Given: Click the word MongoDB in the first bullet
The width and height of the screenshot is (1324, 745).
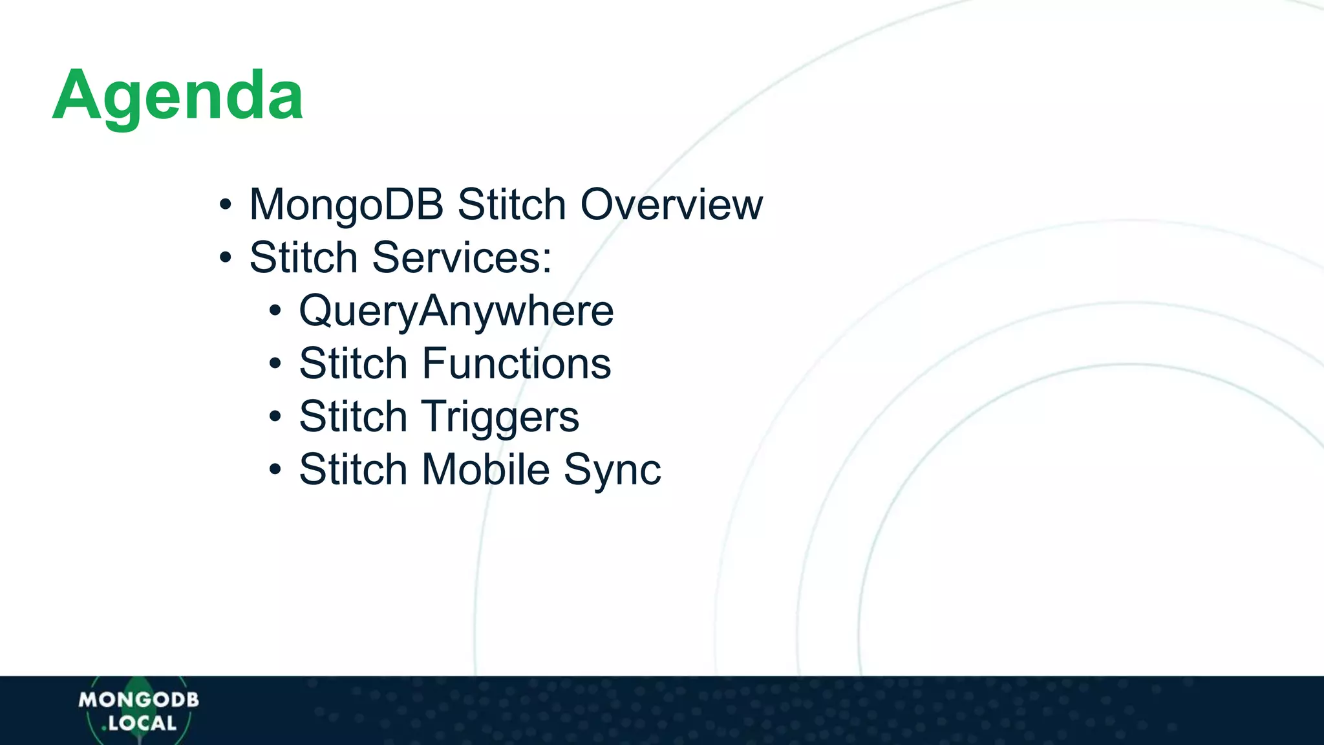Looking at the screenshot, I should [x=347, y=205].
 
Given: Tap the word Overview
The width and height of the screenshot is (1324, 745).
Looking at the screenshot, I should [x=672, y=205].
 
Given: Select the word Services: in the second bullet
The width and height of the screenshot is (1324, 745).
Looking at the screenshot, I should [x=462, y=258].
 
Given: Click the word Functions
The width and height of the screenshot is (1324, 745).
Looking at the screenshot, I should [x=516, y=363].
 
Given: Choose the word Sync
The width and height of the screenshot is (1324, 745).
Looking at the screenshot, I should [x=612, y=470].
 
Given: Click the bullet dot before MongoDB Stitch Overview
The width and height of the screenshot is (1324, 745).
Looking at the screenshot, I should [x=225, y=205].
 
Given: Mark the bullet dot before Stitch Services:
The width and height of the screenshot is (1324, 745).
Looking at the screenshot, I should [x=225, y=258].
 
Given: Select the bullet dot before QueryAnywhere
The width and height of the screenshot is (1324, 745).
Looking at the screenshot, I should [x=275, y=311].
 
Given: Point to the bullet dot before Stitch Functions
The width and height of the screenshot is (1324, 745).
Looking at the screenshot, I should [x=275, y=364].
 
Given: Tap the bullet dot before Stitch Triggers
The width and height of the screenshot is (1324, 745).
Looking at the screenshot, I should [x=275, y=417].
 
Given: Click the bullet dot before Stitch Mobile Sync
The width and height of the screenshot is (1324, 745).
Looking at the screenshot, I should [x=275, y=470].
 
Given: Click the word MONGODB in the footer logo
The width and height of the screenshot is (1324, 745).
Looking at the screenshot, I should [x=138, y=700].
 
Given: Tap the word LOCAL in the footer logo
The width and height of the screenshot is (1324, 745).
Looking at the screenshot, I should [x=142, y=724].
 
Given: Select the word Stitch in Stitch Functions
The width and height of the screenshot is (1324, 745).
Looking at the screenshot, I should [x=353, y=363].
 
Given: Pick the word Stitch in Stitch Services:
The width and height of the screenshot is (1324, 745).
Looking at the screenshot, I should [x=303, y=258].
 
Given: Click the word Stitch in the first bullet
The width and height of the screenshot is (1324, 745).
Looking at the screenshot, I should [x=511, y=205].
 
